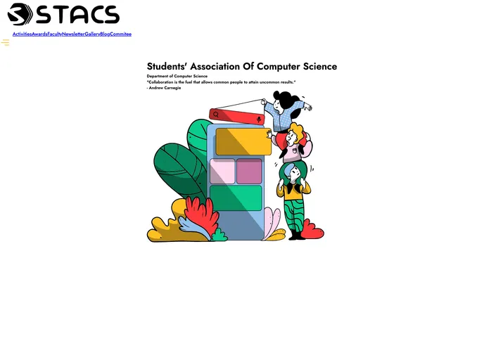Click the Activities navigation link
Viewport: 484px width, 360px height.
pos(22,34)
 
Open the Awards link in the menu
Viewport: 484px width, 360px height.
pos(39,34)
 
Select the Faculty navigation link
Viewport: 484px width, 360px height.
pos(55,34)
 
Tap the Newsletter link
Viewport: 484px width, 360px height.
pos(73,34)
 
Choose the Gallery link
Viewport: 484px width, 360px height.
pos(92,34)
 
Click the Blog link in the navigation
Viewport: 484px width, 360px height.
pos(105,34)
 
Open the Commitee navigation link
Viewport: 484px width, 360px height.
pos(121,34)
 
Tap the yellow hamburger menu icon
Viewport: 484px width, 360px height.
pos(6,43)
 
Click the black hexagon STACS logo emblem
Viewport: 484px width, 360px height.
pos(20,14)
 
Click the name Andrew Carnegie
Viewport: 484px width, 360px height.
pos(165,88)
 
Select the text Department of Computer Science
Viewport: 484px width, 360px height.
pos(177,76)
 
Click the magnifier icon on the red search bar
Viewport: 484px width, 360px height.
pos(216,114)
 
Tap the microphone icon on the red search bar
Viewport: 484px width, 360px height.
pos(259,120)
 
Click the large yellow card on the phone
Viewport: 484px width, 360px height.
pos(243,141)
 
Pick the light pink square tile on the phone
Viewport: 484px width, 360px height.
pos(222,171)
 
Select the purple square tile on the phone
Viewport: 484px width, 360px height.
pos(249,171)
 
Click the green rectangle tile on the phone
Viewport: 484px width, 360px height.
pos(236,197)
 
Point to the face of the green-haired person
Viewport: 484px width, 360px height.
pos(293,173)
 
